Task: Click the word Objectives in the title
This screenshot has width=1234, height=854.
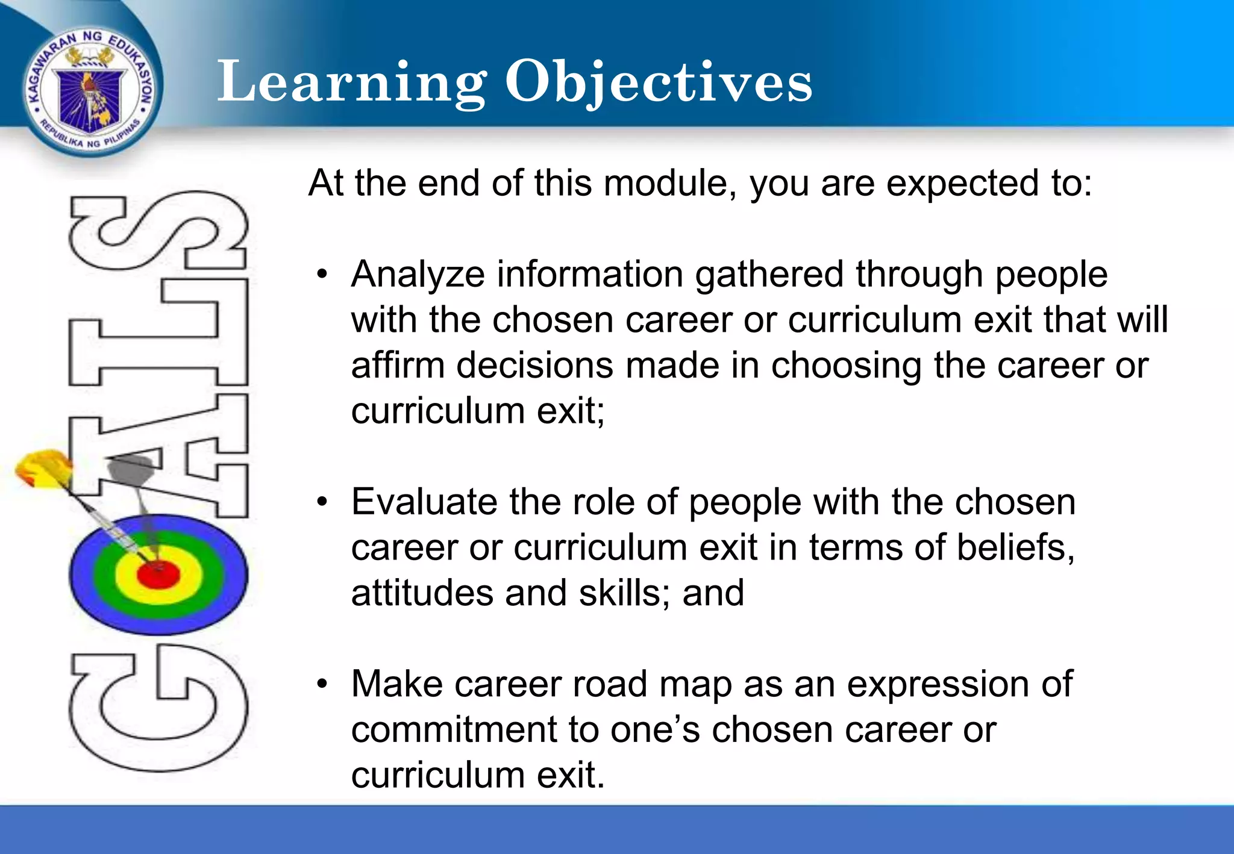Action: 659,83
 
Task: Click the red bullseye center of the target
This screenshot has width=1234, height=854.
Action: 158,574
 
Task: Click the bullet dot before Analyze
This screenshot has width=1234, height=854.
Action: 323,275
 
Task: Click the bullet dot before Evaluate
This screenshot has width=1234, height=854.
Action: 323,502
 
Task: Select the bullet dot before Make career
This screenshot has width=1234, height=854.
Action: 323,684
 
